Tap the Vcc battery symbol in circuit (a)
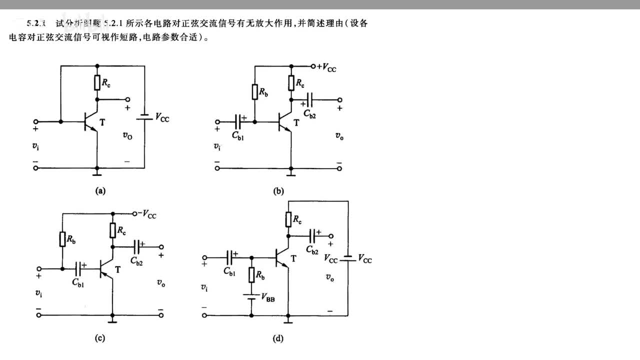pyautogui.click(x=144, y=117)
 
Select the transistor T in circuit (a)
pyautogui.click(x=89, y=121)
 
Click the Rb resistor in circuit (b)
pyautogui.click(x=255, y=92)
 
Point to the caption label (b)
pyautogui.click(x=278, y=190)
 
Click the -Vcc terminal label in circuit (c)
pyautogui.click(x=146, y=214)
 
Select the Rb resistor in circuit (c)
pyautogui.click(x=62, y=239)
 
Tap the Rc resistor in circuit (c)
pyautogui.click(x=113, y=230)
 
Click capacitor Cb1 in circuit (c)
pyautogui.click(x=78, y=269)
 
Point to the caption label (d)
pyautogui.click(x=278, y=338)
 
